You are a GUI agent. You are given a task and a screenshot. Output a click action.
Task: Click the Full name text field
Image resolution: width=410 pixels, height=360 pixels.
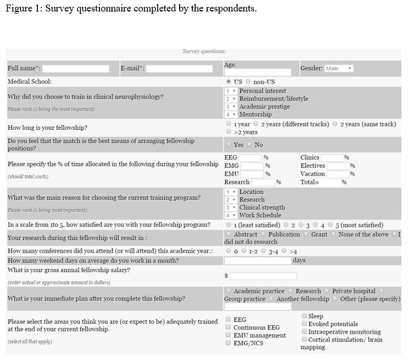click(76, 68)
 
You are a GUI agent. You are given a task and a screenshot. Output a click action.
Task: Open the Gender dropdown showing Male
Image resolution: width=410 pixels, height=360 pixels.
click(339, 68)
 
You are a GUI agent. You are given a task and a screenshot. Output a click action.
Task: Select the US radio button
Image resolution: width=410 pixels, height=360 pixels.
click(229, 82)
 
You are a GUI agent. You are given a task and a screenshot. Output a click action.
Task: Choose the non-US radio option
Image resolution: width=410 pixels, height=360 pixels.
click(248, 82)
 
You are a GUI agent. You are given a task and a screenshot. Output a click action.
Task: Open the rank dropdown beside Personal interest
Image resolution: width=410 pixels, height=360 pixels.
click(231, 91)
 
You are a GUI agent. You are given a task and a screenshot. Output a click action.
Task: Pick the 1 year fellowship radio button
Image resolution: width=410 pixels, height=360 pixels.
click(229, 124)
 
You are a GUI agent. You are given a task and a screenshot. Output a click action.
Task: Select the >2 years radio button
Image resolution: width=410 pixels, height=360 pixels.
click(229, 132)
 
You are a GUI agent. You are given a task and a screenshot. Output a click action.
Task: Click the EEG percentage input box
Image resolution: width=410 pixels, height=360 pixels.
click(250, 157)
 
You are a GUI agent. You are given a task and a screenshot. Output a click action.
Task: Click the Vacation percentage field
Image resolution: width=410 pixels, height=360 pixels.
click(338, 174)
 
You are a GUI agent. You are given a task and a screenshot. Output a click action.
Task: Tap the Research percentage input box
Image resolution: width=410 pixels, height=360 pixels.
click(263, 182)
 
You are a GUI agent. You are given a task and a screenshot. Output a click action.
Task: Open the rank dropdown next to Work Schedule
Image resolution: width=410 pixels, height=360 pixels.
click(231, 215)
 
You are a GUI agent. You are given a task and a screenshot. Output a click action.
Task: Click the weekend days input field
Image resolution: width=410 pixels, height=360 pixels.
click(257, 261)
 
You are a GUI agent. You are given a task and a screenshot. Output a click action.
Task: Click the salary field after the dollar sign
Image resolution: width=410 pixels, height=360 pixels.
click(263, 276)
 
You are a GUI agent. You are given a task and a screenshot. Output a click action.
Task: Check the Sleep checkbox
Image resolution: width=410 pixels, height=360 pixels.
click(304, 316)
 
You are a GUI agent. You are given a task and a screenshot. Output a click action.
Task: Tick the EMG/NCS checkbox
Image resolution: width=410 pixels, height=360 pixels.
click(229, 343)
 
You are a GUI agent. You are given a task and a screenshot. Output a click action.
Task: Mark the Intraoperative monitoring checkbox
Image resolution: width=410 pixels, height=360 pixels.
click(304, 332)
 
